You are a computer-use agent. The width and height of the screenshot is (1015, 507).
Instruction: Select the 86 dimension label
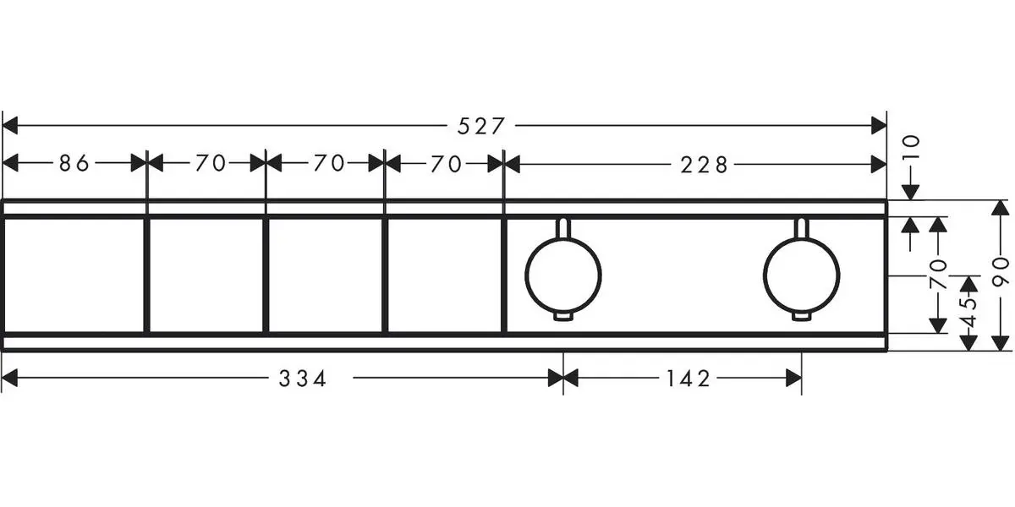pos(74,164)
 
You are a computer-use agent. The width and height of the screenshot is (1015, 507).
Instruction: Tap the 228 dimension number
pos(704,165)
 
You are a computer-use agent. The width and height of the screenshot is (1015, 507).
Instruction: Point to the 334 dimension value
pos(303,379)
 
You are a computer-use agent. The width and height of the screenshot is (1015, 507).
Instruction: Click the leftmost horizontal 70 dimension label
pos(211,164)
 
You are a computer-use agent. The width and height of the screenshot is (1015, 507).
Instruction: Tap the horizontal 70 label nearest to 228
pos(445,164)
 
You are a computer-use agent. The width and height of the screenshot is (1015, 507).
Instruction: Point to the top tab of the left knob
pos(563,226)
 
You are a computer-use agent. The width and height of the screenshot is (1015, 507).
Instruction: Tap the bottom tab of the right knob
pos(801,318)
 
